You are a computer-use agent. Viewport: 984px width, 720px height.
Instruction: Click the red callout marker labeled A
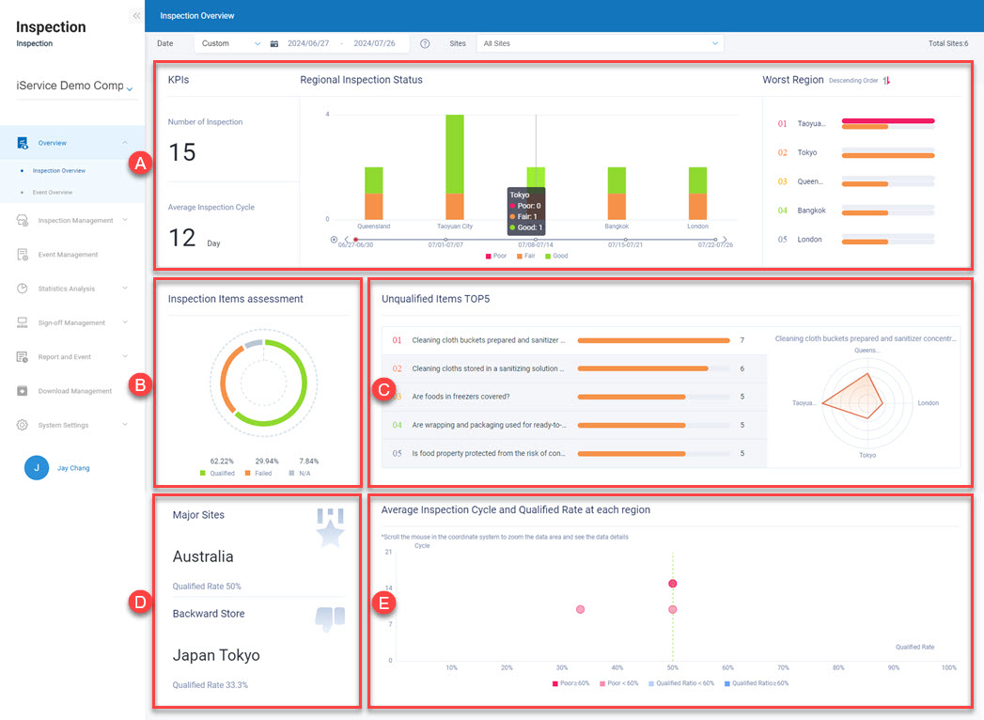coord(138,164)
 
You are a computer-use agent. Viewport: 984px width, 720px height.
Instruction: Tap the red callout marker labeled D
coord(138,603)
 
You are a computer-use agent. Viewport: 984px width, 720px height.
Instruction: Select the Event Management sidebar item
coord(68,255)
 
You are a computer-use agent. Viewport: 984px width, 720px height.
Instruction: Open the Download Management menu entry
coord(74,391)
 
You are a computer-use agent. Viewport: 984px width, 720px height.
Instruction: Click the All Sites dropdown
coord(599,43)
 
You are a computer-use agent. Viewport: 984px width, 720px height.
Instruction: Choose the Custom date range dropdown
coord(229,43)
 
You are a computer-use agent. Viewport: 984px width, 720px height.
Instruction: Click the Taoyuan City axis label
coord(455,227)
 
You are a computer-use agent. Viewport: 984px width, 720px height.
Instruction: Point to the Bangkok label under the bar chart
coord(617,227)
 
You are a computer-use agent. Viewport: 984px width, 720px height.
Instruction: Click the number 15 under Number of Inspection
coord(182,152)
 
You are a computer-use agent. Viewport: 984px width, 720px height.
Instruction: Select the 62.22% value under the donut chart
coord(221,462)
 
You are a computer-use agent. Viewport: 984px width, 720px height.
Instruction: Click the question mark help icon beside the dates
coord(425,43)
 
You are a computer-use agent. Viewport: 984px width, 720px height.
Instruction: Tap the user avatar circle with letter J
coord(36,468)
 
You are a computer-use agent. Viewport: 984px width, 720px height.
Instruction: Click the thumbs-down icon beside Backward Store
coord(330,618)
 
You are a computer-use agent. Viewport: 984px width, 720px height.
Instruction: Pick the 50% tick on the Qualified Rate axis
coord(673,667)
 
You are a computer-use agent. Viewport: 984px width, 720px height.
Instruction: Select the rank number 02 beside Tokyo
coord(782,152)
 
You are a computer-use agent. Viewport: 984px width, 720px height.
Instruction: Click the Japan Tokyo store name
coord(216,655)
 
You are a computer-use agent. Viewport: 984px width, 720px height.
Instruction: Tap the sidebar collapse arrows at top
coord(136,16)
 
